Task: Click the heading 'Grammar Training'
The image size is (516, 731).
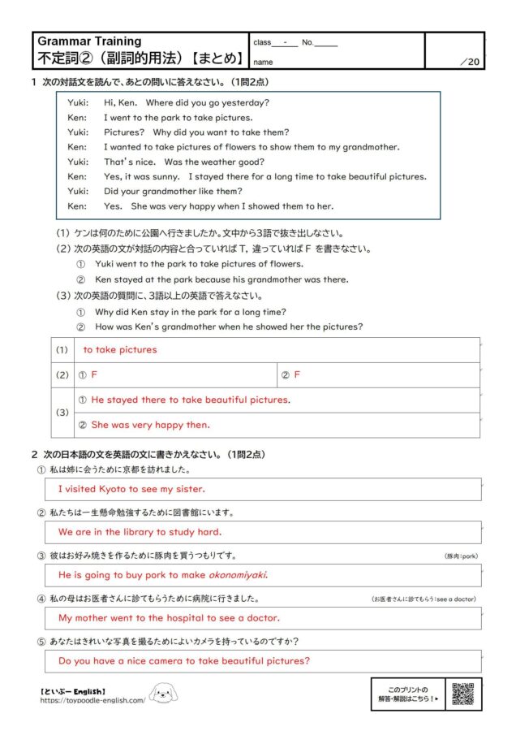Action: (x=89, y=41)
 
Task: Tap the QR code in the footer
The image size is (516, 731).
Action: (x=462, y=694)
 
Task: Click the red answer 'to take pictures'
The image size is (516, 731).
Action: (x=120, y=350)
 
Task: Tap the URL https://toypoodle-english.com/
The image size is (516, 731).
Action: (x=92, y=700)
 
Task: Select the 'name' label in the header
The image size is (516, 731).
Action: (x=263, y=62)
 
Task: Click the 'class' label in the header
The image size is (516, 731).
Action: (x=262, y=42)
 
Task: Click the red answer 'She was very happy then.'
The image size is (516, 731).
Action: (x=150, y=425)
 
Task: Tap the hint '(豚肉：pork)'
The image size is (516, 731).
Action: (x=462, y=556)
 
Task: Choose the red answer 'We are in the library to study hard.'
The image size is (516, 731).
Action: (x=140, y=532)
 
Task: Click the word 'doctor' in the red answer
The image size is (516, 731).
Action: (x=260, y=618)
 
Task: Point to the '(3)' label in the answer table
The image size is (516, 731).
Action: (x=61, y=413)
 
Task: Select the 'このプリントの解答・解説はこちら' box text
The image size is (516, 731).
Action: (x=408, y=694)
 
